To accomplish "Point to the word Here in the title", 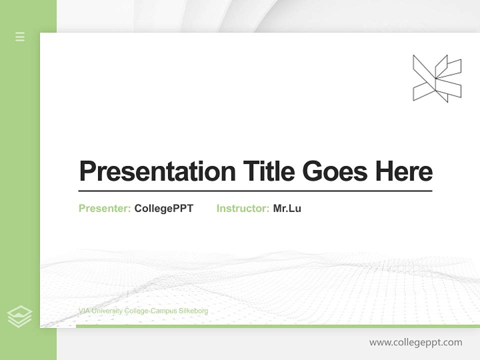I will pos(404,171).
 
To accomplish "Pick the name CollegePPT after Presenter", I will pos(163,208).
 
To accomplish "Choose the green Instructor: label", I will pos(243,208).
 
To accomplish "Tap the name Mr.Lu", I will pos(287,208).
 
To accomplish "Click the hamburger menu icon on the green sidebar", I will pos(20,36).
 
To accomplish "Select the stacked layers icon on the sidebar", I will pos(20,316).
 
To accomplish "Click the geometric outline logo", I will pos(436,78).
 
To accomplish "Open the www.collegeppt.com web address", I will pos(415,342).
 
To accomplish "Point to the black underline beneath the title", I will pos(255,191).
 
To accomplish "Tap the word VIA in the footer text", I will pos(83,311).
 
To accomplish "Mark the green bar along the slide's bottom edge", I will pos(277,326).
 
